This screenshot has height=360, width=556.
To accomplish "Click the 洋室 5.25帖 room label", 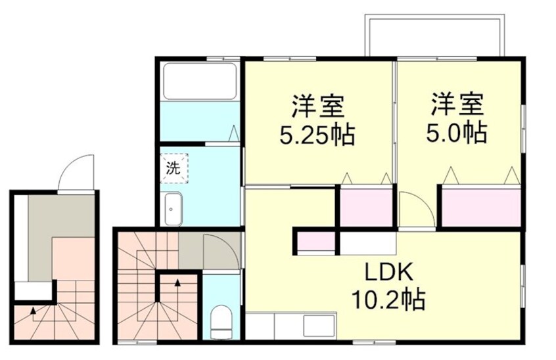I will tap(317, 120).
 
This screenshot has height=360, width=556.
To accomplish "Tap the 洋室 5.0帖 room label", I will tap(457, 119).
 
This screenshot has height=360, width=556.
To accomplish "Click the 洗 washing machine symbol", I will tap(173, 167).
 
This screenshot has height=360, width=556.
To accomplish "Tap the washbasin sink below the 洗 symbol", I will tap(173, 209).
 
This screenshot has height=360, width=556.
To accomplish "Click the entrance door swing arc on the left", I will tap(78, 170).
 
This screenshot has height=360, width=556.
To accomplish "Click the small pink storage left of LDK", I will tap(315, 242).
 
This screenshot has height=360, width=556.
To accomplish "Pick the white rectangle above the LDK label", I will tap(367, 243).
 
